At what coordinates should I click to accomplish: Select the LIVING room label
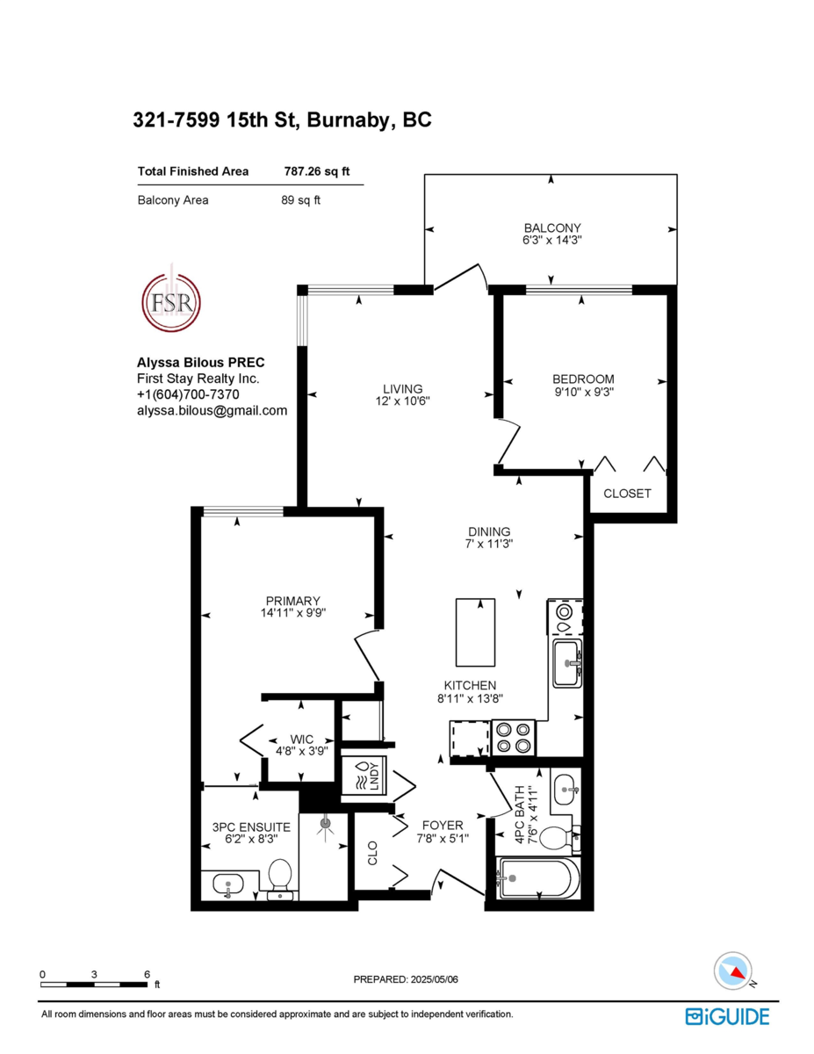click(x=402, y=388)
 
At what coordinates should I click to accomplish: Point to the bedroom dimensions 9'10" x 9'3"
click(x=583, y=393)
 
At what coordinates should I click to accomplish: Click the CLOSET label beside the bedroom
click(x=627, y=494)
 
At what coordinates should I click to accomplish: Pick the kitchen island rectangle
click(x=475, y=632)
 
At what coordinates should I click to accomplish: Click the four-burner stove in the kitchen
click(x=514, y=737)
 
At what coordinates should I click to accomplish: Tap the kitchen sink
click(x=566, y=664)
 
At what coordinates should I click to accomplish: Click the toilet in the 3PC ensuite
click(x=280, y=877)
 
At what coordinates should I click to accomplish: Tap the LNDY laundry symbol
click(x=363, y=776)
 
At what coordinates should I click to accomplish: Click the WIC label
click(x=302, y=739)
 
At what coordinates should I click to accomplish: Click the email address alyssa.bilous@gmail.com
click(x=212, y=410)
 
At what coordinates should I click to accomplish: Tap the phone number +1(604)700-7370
click(x=187, y=394)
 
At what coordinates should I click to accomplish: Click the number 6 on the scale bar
click(x=147, y=974)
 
